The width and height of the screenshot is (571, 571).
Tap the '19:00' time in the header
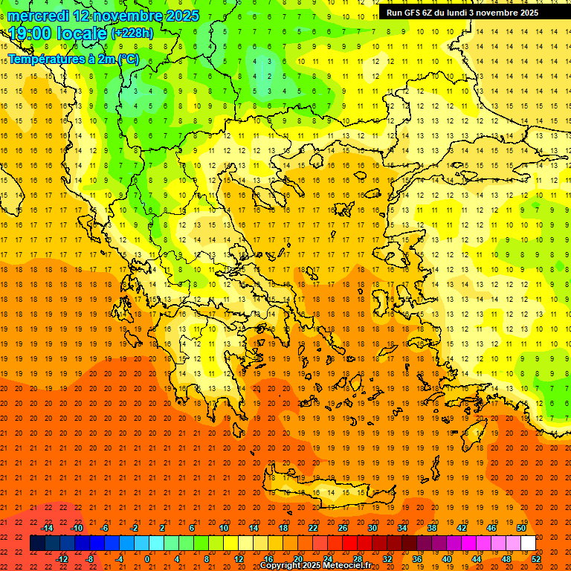30,33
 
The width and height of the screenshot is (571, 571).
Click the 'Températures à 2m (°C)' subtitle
73,59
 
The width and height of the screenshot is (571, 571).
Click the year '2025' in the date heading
181,16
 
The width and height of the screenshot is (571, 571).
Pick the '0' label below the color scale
146,559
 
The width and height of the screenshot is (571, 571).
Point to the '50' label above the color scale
521,528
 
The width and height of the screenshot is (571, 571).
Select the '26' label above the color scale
343,528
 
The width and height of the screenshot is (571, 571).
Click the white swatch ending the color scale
529,543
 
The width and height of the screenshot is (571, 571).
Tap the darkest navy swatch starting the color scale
37,543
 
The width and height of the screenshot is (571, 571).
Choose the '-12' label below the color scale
62,559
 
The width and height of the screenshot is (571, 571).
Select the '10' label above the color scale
224,528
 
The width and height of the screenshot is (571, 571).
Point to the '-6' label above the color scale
105,528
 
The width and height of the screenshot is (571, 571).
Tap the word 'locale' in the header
82,33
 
